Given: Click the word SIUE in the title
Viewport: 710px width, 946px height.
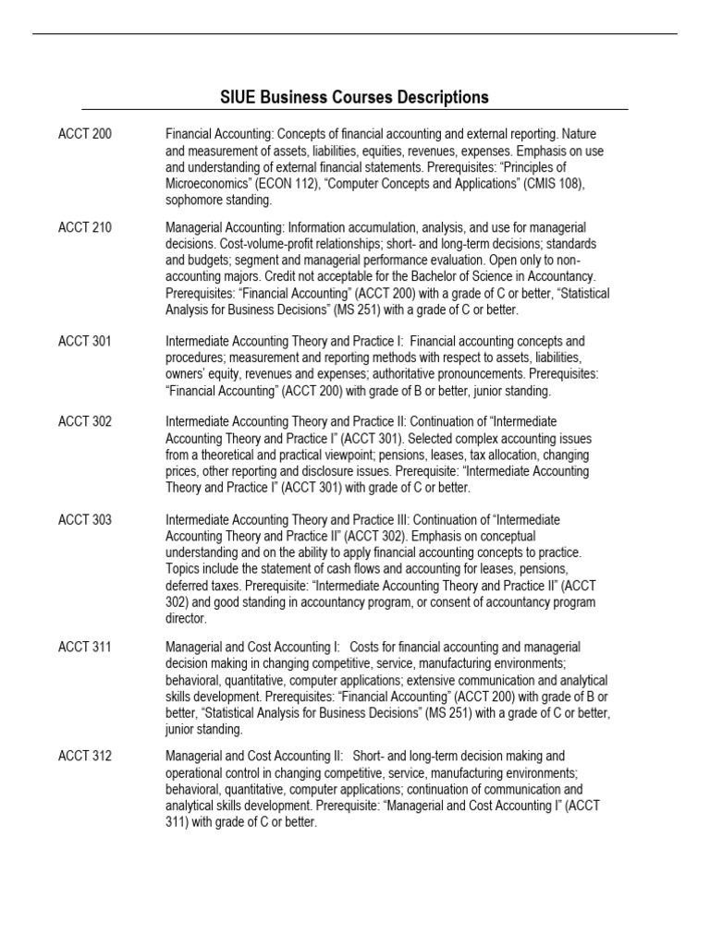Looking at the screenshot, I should tap(239, 97).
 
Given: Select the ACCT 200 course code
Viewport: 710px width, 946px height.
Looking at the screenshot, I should tap(85, 134).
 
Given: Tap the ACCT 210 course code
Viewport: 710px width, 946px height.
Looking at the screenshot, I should tap(85, 227).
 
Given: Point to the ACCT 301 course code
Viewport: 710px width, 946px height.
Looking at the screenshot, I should tap(85, 342).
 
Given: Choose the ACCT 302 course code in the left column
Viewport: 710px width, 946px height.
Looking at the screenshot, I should tap(85, 421).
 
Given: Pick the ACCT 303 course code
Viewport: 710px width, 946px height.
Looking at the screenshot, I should tap(85, 520).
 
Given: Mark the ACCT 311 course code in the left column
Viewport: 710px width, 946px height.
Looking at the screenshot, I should tap(85, 647).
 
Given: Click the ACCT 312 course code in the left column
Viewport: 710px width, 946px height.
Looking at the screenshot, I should tap(85, 756).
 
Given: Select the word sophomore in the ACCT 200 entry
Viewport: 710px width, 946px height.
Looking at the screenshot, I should tap(195, 200).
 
